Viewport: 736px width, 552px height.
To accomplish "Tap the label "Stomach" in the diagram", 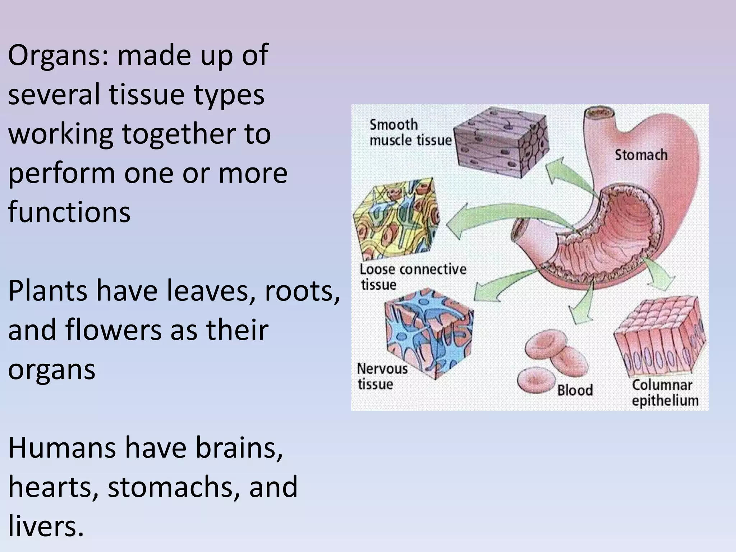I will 641,155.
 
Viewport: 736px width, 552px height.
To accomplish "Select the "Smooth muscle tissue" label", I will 410,133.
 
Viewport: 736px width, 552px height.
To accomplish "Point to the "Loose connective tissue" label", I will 413,277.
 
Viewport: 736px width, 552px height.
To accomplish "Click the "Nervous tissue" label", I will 382,376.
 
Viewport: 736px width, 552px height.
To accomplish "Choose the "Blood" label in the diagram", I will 575,390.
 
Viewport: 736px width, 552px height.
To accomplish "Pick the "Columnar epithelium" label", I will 664,393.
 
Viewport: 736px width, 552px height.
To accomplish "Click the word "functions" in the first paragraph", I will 69,212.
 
